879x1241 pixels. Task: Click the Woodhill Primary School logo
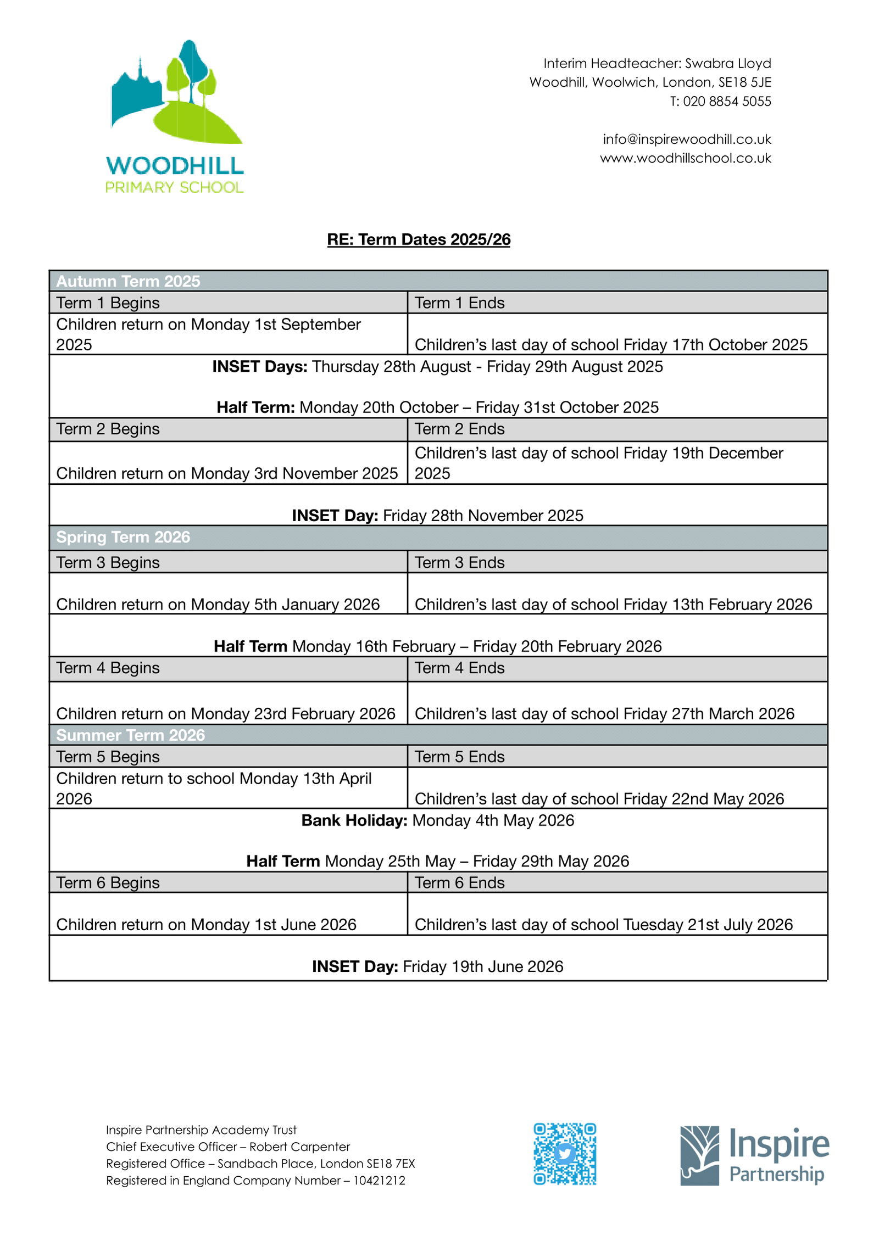(x=175, y=116)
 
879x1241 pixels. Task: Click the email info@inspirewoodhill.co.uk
(x=687, y=139)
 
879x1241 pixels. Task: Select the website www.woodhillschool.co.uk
(x=686, y=159)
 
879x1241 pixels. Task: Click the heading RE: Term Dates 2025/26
(x=419, y=239)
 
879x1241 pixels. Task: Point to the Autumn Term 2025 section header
(x=129, y=281)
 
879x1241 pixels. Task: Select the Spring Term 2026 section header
(x=123, y=537)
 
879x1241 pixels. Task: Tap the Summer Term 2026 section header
(x=131, y=735)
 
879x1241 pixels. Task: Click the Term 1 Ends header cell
(x=459, y=303)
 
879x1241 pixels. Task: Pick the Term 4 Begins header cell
(x=108, y=668)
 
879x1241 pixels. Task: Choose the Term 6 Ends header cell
(x=459, y=882)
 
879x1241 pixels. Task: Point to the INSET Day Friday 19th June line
(x=437, y=966)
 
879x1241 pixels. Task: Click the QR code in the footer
(x=565, y=1154)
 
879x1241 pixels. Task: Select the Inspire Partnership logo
(x=754, y=1155)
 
